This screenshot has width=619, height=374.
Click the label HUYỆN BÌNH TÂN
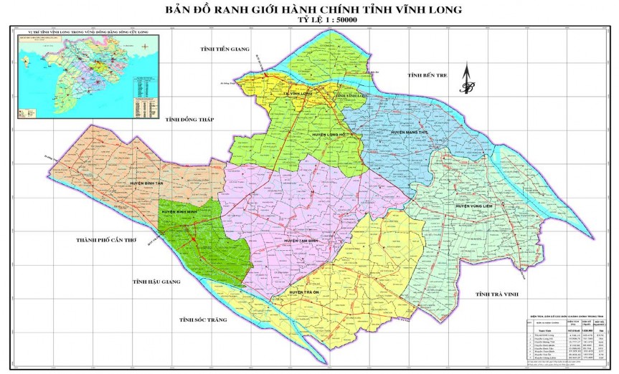pyautogui.click(x=147, y=183)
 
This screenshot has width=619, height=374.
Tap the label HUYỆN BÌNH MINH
pyautogui.click(x=179, y=212)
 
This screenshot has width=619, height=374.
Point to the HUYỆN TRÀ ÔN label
pyautogui.click(x=308, y=292)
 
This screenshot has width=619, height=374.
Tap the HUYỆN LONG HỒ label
pyautogui.click(x=331, y=134)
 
